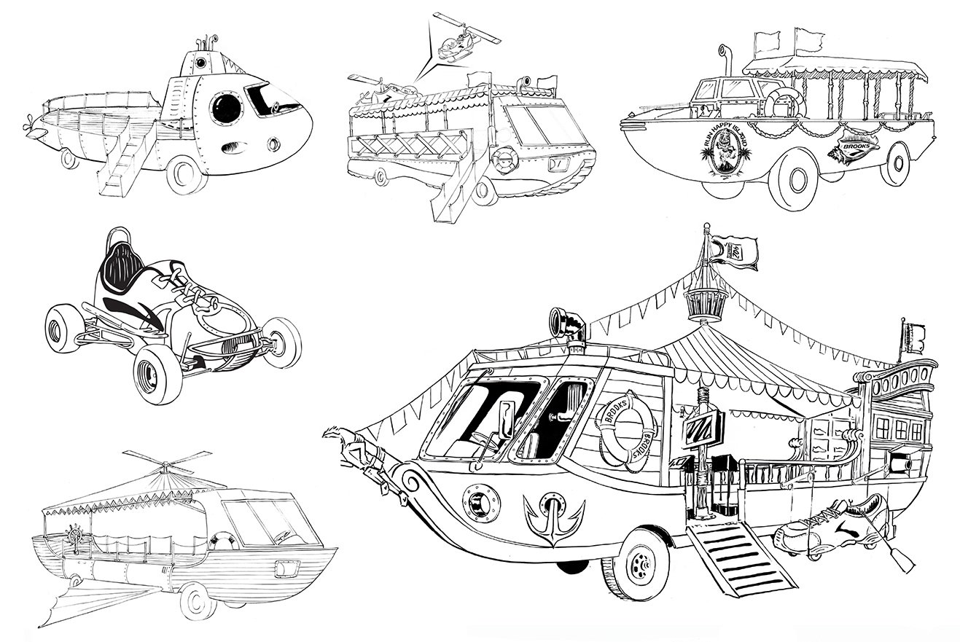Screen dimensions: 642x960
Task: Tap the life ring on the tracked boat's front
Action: coord(504,160)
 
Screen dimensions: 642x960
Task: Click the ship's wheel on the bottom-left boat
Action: coord(74,532)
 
